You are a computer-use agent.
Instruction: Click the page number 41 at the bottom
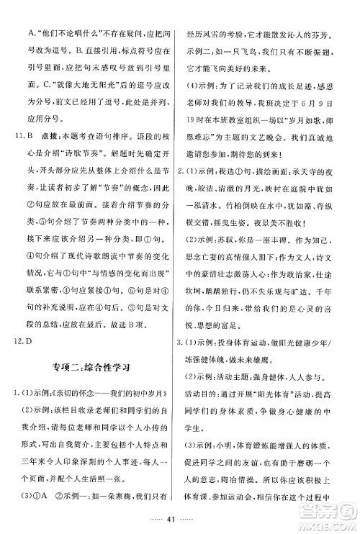(180, 517)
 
